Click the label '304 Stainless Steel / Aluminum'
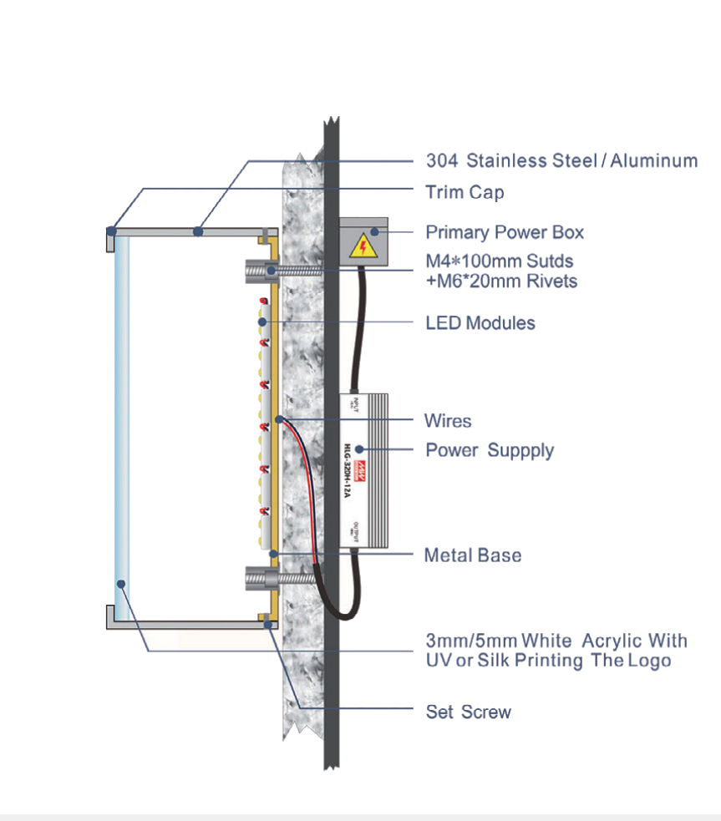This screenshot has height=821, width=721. (x=561, y=160)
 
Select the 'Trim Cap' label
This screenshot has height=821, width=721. (x=465, y=192)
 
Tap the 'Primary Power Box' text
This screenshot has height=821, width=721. (x=505, y=232)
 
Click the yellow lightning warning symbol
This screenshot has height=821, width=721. (x=362, y=245)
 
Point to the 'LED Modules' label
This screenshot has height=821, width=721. (x=480, y=322)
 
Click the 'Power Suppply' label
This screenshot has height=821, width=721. (x=490, y=450)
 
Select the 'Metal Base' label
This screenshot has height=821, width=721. (x=473, y=555)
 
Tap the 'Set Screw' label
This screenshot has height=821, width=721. (x=468, y=712)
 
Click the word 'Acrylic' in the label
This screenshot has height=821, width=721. (x=612, y=641)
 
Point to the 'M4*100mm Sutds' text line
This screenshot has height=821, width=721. (x=500, y=261)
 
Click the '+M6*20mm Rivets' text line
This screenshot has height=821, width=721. (x=501, y=281)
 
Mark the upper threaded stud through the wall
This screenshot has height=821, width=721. (x=292, y=269)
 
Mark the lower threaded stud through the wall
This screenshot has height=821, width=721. (x=292, y=576)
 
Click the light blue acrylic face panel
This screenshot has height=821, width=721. (x=121, y=426)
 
